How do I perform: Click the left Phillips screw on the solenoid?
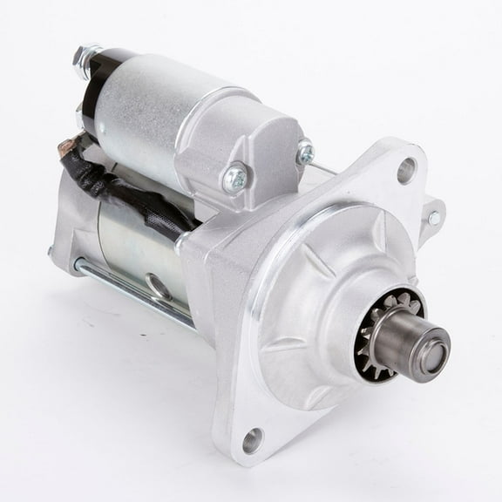(x=234, y=180)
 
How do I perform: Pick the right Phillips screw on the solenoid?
(x=304, y=153)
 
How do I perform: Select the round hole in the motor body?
(x=155, y=284)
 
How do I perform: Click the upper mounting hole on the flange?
(x=406, y=171)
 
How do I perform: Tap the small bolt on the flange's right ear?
(x=433, y=217)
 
